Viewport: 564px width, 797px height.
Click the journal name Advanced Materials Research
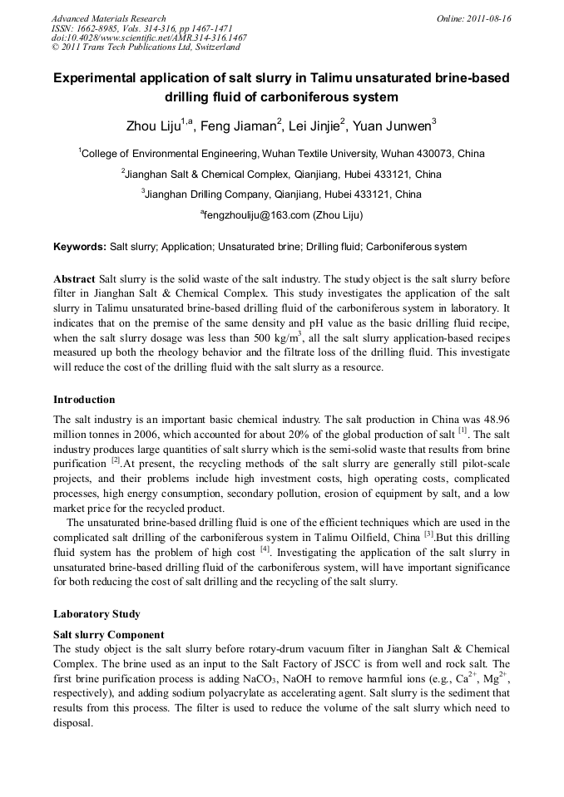click(x=108, y=18)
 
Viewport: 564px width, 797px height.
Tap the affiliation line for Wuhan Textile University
click(x=281, y=154)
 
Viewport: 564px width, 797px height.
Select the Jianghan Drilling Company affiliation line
click(x=281, y=194)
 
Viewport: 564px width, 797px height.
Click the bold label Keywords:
click(x=80, y=247)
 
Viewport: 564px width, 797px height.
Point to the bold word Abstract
click(x=74, y=279)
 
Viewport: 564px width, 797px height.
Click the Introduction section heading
click(x=84, y=400)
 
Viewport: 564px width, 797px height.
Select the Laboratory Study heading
click(x=96, y=614)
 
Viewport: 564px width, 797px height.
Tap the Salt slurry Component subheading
click(x=108, y=634)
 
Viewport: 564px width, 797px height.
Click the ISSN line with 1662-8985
click(x=130, y=28)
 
